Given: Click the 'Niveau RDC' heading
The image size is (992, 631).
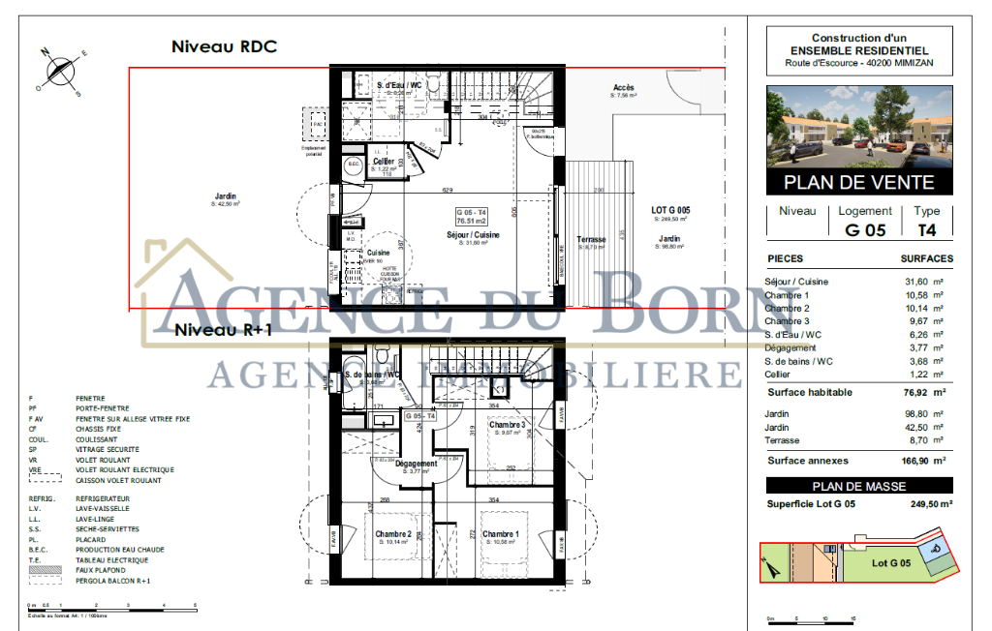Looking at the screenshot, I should click(x=224, y=46).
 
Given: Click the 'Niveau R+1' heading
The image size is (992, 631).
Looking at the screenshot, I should click(x=224, y=330).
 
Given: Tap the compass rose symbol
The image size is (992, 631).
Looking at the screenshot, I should click(x=61, y=72).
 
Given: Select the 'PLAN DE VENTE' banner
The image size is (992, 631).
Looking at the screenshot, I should click(x=858, y=182).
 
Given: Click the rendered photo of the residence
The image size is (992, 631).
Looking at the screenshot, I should click(x=858, y=127).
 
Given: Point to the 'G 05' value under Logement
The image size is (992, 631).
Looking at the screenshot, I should click(x=865, y=230).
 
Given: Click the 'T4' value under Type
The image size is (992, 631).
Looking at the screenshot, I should click(x=927, y=230).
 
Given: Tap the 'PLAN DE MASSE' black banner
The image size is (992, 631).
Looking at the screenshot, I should click(x=858, y=486).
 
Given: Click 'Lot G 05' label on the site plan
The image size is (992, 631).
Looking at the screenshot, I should click(x=891, y=562).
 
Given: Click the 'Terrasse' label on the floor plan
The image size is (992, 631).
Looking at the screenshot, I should click(x=591, y=239).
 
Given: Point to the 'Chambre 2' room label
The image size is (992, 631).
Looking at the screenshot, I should click(x=394, y=534).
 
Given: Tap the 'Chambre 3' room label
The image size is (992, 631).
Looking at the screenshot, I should click(x=507, y=425).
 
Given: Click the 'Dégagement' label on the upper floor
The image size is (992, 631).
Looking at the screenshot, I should click(x=416, y=464).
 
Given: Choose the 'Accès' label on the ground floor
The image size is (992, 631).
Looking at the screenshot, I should click(x=624, y=88).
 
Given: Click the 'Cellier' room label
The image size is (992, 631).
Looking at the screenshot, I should click(x=383, y=162).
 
